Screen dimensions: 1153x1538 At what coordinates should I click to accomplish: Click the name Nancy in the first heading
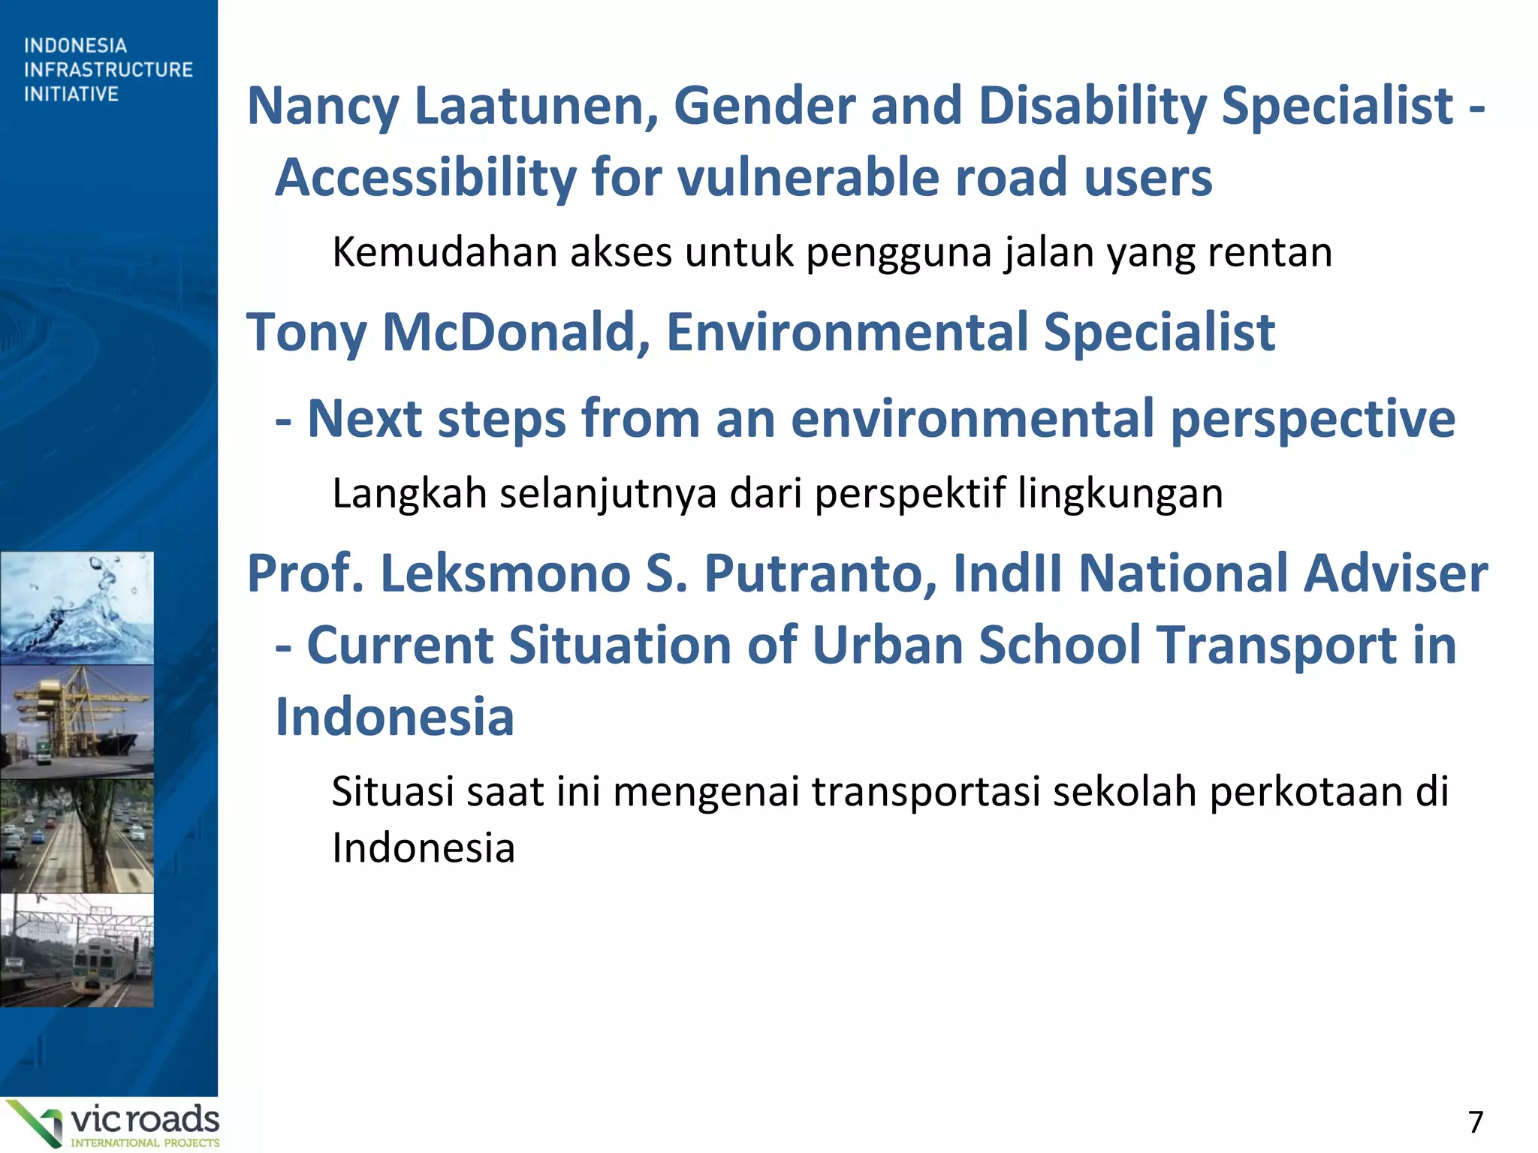pos(323,107)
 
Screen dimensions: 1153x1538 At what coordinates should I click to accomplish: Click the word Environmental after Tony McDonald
pos(847,332)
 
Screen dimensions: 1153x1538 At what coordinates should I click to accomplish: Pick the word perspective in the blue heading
pos(1313,419)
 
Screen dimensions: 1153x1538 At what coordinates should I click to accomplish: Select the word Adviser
pos(1395,573)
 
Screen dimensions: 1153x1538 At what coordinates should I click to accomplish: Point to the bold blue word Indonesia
pos(395,717)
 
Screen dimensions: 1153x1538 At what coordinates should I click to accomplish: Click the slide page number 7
pos(1475,1122)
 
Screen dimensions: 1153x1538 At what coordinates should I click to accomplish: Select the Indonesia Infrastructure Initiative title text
pos(108,70)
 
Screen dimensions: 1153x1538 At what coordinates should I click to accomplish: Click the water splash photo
pos(77,608)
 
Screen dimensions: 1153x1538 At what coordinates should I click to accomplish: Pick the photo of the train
pos(77,950)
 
